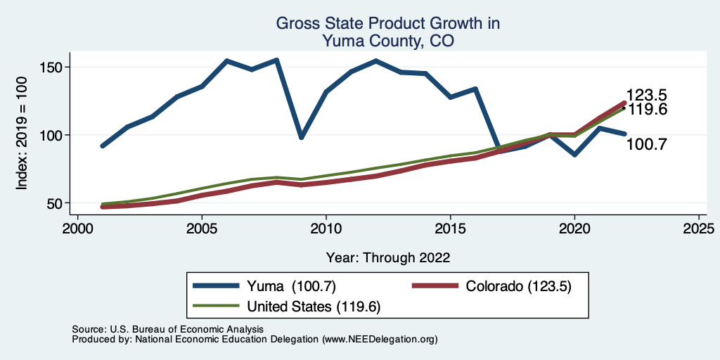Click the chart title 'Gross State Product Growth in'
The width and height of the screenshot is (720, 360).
387,23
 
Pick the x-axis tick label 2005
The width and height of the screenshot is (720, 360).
202,229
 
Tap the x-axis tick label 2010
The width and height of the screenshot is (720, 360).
326,229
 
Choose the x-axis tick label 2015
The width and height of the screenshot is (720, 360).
450,229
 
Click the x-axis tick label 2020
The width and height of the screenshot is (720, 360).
574,229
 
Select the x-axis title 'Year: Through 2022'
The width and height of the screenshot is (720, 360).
388,257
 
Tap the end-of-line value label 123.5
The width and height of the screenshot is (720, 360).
647,96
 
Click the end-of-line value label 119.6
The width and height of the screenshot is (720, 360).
647,110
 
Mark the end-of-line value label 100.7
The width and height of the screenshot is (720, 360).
646,145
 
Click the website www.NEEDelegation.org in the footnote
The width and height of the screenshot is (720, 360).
379,340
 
